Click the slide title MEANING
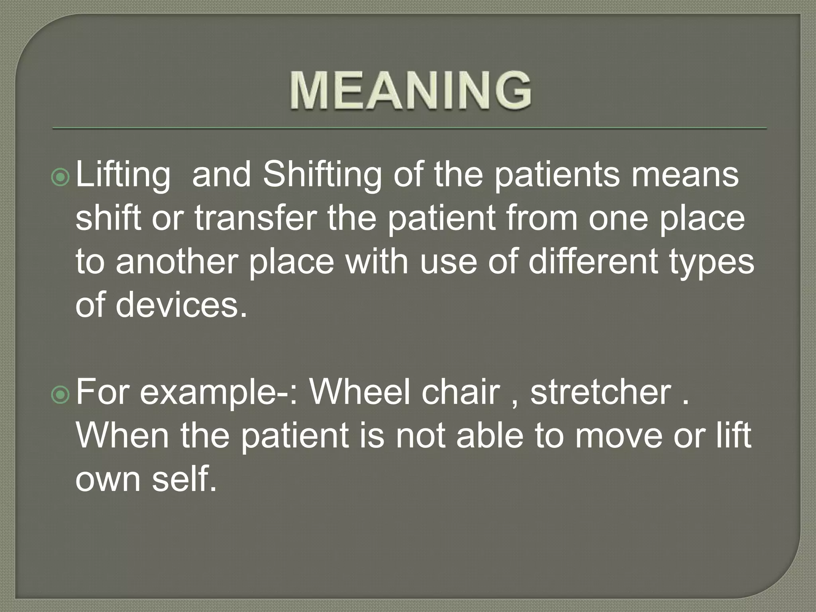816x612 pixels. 410,90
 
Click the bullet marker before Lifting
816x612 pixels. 61,178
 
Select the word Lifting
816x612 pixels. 123,176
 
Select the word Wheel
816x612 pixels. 360,392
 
